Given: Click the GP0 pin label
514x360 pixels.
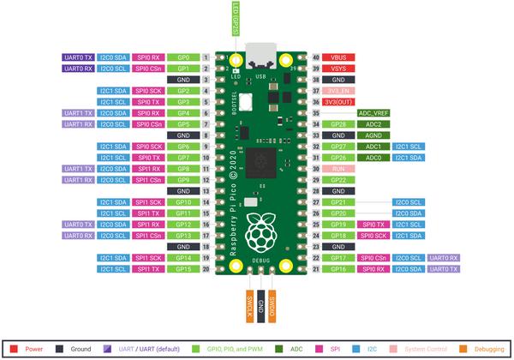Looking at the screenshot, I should [183, 57].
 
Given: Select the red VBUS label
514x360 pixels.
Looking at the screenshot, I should [338, 57].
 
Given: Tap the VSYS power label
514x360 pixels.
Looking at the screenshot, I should [338, 68].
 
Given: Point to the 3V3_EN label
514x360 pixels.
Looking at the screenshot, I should [338, 90].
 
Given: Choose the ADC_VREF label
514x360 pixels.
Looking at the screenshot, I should [374, 112].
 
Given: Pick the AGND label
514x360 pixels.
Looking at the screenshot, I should [374, 135].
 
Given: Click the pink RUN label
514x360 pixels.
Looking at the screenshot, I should [338, 169].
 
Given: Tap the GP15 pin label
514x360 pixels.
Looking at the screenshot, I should [183, 268].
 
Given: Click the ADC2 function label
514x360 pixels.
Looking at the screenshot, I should [374, 124].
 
